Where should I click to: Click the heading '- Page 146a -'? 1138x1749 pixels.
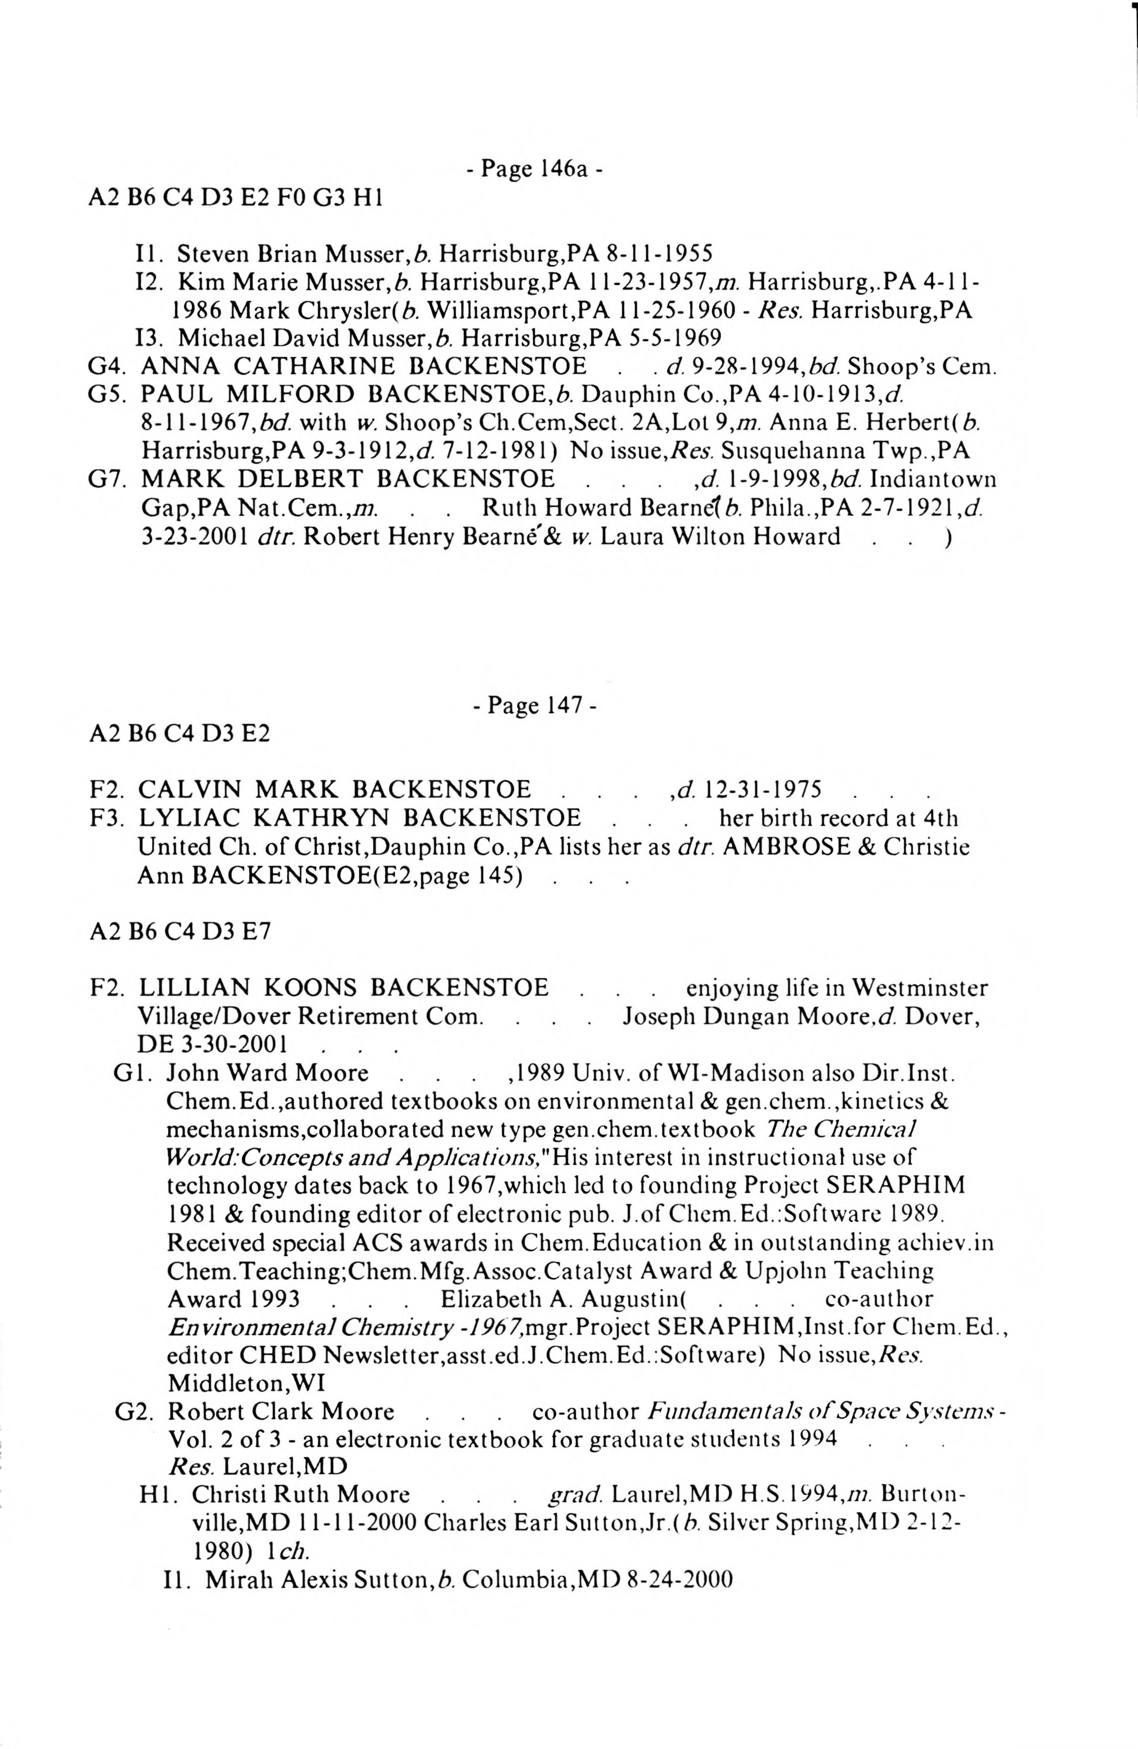[534, 169]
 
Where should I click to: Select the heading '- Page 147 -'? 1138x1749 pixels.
[534, 705]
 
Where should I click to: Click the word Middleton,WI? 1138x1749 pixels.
[246, 1383]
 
